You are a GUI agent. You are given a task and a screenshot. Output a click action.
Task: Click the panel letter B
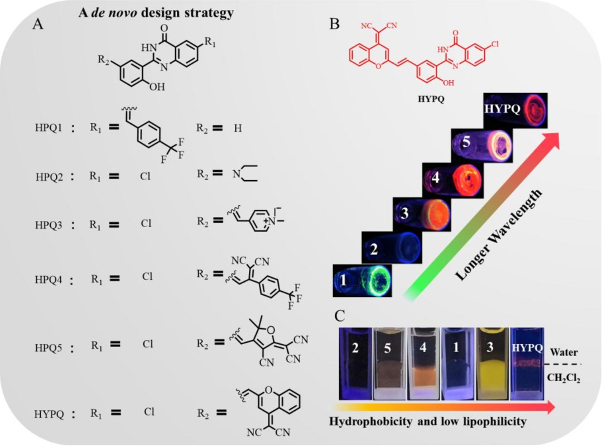pyautogui.click(x=335, y=24)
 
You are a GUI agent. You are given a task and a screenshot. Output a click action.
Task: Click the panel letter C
pyautogui.click(x=340, y=316)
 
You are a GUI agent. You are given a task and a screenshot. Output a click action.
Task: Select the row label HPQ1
pyautogui.click(x=49, y=127)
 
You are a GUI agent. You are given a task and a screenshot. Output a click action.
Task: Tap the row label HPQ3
pyautogui.click(x=49, y=225)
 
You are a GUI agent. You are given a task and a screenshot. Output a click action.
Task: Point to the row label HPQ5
pyautogui.click(x=49, y=348)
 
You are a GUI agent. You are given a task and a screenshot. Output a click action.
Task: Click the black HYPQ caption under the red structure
pyautogui.click(x=431, y=99)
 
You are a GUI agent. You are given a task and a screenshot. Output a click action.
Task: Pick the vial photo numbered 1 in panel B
pyautogui.click(x=363, y=281)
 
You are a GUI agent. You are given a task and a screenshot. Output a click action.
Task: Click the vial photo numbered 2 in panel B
pyautogui.click(x=392, y=248)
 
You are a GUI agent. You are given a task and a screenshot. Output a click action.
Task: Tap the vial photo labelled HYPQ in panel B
pyautogui.click(x=515, y=110)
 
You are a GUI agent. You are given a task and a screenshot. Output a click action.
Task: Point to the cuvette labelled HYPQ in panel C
pyautogui.click(x=527, y=363)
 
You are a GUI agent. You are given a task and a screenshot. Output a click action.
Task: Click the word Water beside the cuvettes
pyautogui.click(x=564, y=352)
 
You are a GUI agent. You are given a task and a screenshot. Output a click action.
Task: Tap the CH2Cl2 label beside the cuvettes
pyautogui.click(x=564, y=378)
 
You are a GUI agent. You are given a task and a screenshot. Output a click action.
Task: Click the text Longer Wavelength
pyautogui.click(x=499, y=235)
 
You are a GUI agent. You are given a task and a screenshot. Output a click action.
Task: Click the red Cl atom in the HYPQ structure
pyautogui.click(x=494, y=44)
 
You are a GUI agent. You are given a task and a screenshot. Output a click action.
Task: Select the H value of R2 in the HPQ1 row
pyautogui.click(x=238, y=128)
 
